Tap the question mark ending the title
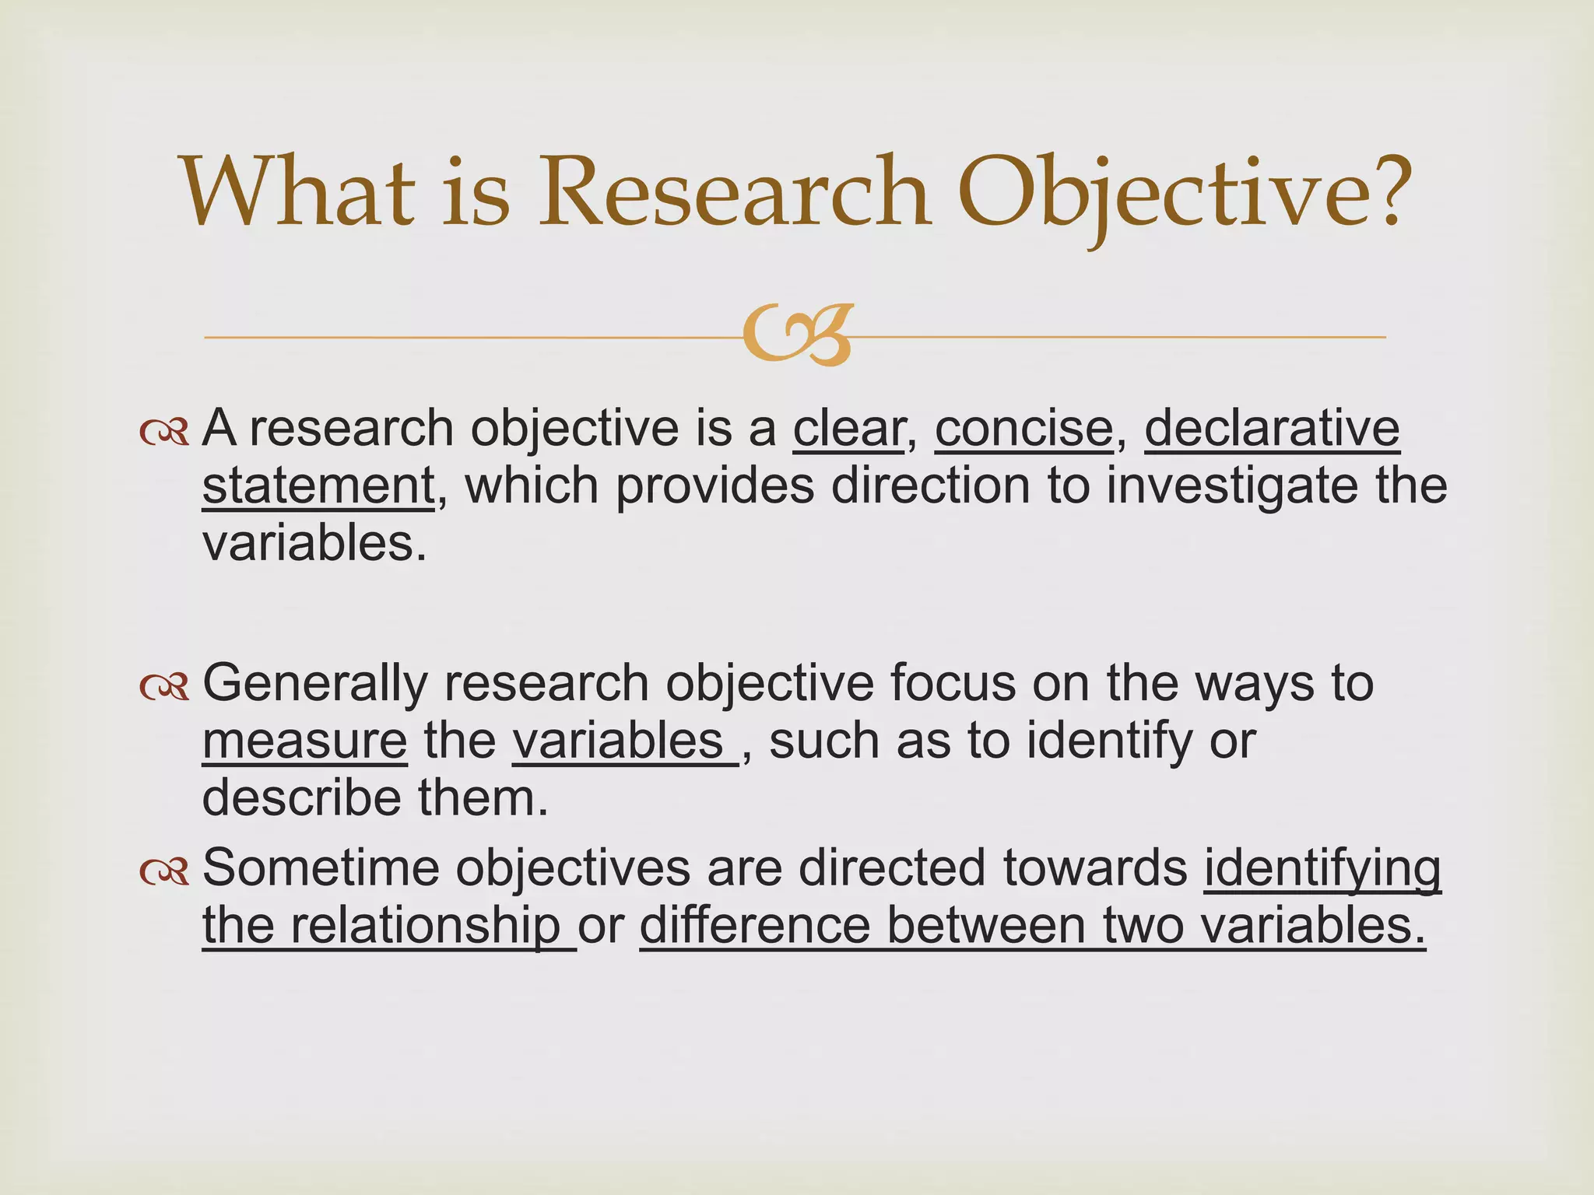pyautogui.click(x=1377, y=191)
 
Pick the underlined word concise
pyautogui.click(x=1023, y=429)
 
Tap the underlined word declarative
pyautogui.click(x=1272, y=429)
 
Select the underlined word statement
pyautogui.click(x=318, y=486)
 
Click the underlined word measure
pyautogui.click(x=304, y=741)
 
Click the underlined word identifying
pyautogui.click(x=1322, y=868)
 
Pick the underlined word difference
pyautogui.click(x=754, y=926)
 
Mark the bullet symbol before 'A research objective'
pyautogui.click(x=164, y=433)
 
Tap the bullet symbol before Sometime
pyautogui.click(x=164, y=872)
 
